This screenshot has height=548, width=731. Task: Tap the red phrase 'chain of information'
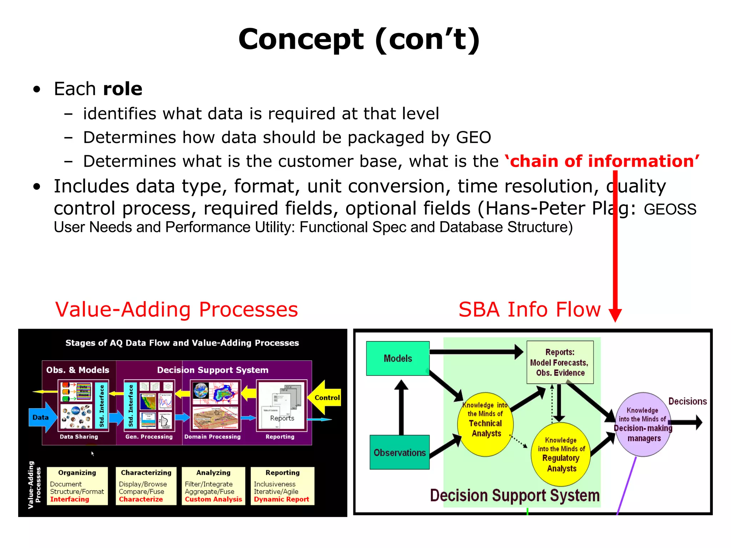click(x=602, y=161)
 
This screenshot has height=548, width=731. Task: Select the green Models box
click(x=398, y=358)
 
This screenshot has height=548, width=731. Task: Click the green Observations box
click(x=399, y=452)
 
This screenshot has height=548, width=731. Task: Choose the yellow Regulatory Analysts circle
click(x=561, y=455)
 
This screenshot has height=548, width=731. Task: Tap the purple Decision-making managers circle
click(x=643, y=425)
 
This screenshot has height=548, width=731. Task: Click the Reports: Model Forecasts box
click(x=560, y=362)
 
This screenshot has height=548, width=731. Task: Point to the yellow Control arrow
click(x=326, y=397)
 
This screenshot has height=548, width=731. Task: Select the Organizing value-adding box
click(x=77, y=486)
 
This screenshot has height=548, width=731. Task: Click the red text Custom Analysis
click(x=213, y=499)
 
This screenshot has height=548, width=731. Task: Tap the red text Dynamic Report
click(x=281, y=499)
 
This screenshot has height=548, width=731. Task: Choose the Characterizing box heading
click(x=146, y=473)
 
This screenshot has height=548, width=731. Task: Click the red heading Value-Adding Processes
click(x=177, y=309)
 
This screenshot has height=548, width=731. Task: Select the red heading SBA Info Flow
click(x=529, y=309)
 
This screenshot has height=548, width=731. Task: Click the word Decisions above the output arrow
click(x=687, y=401)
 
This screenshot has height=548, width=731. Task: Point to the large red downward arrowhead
click(x=615, y=314)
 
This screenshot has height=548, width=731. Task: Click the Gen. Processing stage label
click(x=149, y=437)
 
